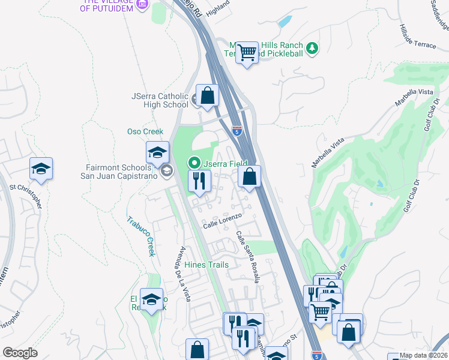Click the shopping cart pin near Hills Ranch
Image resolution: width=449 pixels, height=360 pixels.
pyautogui.click(x=247, y=53)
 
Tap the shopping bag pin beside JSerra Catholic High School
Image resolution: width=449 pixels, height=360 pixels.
pyautogui.click(x=207, y=95)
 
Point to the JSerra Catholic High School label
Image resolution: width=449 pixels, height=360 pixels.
pyautogui.click(x=160, y=100)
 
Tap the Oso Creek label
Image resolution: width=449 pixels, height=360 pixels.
pyautogui.click(x=145, y=131)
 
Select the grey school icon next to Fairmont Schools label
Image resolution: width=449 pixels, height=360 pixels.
pyautogui.click(x=166, y=172)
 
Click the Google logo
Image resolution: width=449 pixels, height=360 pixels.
pyautogui.click(x=20, y=352)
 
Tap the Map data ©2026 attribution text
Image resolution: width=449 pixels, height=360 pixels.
pyautogui.click(x=423, y=355)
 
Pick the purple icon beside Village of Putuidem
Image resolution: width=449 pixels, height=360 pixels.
pyautogui.click(x=142, y=5)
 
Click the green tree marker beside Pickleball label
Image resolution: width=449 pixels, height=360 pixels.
pyautogui.click(x=312, y=47)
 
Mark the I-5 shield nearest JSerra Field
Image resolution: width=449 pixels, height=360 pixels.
pyautogui.click(x=238, y=130)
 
